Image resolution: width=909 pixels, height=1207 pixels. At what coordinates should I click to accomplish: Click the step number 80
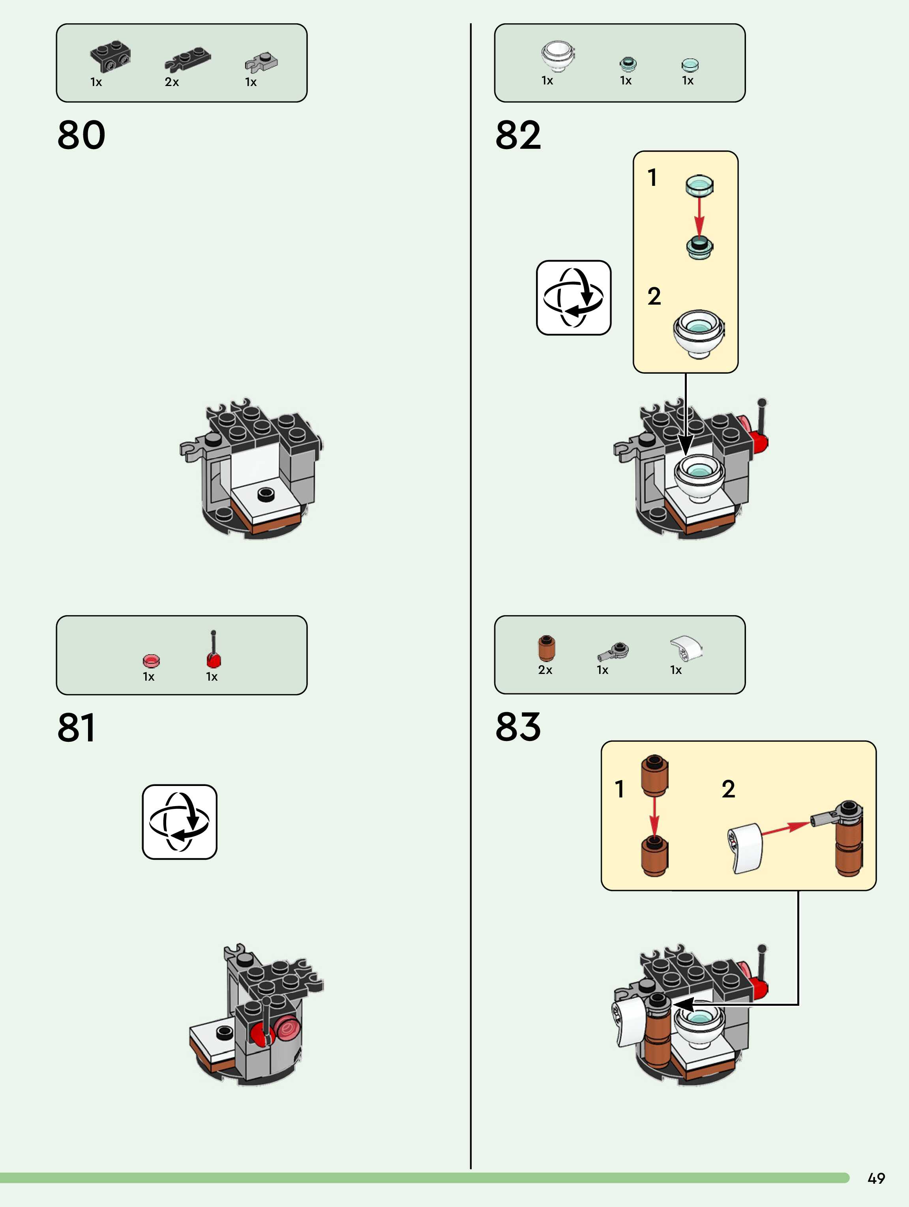tap(81, 135)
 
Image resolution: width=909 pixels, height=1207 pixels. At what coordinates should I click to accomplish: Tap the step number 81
tap(77, 727)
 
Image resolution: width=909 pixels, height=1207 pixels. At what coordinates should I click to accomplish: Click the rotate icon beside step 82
tap(573, 298)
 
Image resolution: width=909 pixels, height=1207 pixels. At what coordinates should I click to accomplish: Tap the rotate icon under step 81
tap(180, 822)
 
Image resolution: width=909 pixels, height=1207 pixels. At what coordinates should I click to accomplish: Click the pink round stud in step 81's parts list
tap(151, 661)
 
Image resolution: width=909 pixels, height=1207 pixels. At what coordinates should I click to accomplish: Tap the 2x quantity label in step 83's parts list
tap(545, 670)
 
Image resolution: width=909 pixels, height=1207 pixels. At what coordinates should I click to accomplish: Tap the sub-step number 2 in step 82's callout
tap(654, 296)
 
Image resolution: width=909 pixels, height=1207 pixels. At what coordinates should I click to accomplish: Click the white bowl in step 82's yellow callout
tap(698, 333)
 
